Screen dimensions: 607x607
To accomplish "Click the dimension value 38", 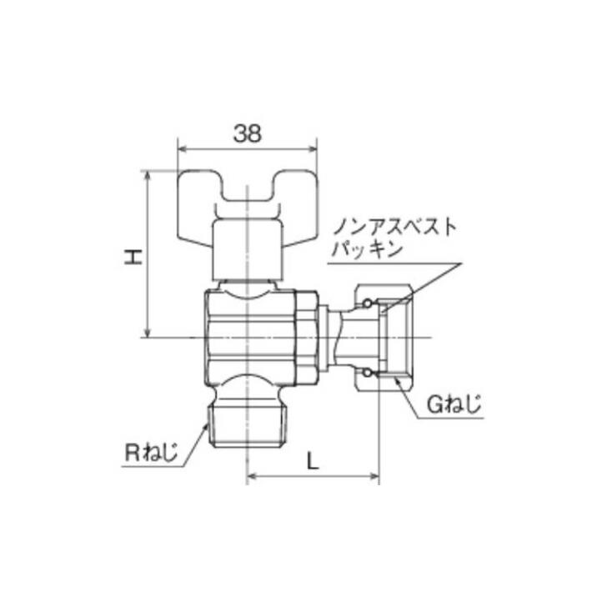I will point(248,134).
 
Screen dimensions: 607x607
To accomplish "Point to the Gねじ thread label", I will point(454,406).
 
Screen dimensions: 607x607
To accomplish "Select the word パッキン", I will point(366,248).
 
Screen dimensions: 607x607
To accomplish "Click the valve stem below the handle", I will point(248,250).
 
